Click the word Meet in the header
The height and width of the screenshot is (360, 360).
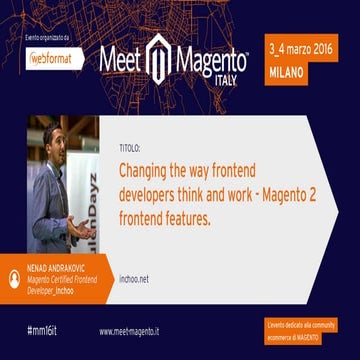123,60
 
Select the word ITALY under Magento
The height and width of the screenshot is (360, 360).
228,81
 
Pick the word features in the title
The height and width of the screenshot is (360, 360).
185,214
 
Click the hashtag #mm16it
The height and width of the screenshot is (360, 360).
41,330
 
